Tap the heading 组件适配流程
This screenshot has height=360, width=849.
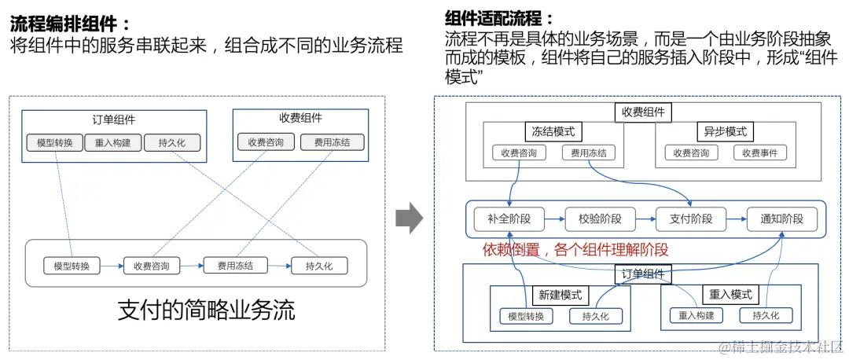click(499, 18)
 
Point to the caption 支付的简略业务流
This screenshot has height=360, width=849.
click(206, 310)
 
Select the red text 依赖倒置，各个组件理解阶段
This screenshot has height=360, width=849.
click(575, 250)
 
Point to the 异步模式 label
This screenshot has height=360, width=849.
click(721, 131)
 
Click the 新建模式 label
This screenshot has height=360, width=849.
click(560, 295)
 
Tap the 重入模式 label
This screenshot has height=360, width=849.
click(730, 295)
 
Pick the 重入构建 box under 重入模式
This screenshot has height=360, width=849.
click(696, 316)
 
